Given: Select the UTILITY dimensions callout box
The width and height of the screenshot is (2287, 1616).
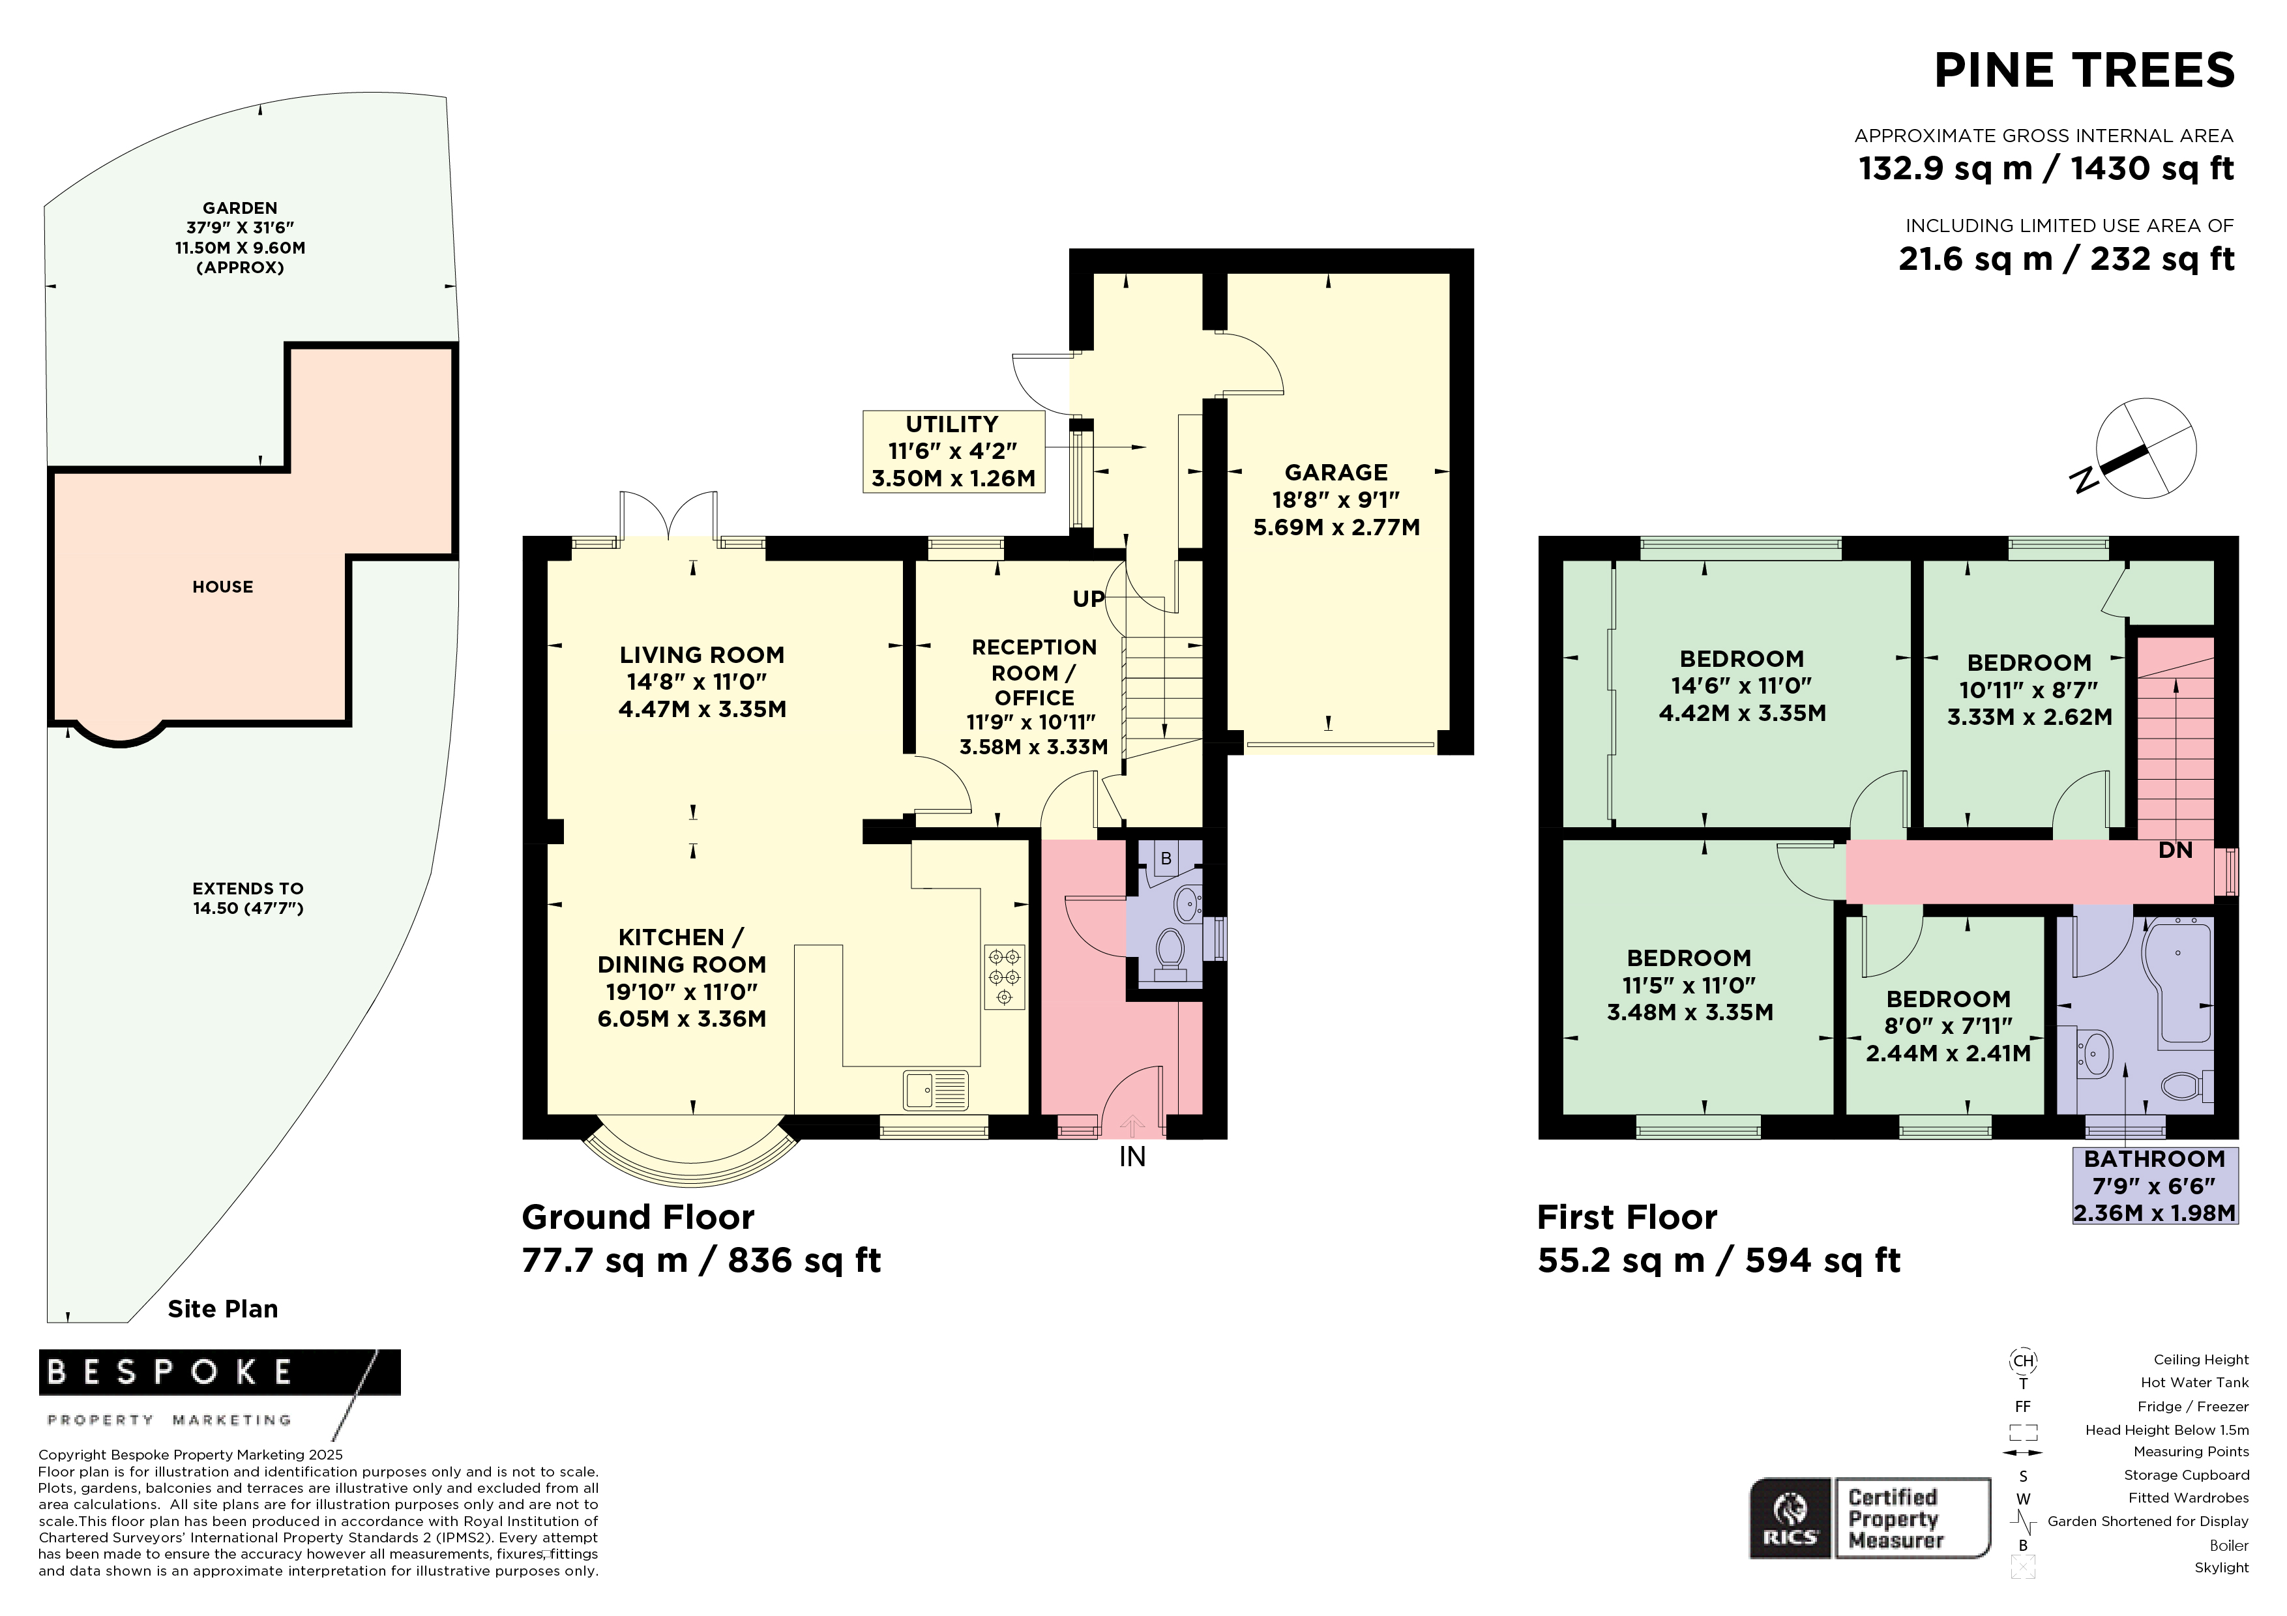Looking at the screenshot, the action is pyautogui.click(x=953, y=452).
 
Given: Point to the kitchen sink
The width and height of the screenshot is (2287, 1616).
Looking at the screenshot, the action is pyautogui.click(x=936, y=1089).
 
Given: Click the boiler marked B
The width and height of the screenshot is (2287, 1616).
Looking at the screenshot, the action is pyautogui.click(x=1166, y=859).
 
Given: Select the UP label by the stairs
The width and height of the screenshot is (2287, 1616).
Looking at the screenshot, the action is pyautogui.click(x=1089, y=598).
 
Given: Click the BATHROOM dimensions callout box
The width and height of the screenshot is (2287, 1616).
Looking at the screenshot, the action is pyautogui.click(x=2155, y=1186).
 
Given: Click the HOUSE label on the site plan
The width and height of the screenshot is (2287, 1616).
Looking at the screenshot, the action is pyautogui.click(x=223, y=587).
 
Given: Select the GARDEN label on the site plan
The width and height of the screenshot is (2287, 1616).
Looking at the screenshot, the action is pyautogui.click(x=240, y=208).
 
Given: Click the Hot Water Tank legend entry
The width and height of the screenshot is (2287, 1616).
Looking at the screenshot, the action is pyautogui.click(x=2194, y=1382).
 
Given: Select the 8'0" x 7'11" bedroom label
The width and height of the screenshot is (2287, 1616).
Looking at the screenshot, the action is pyautogui.click(x=1949, y=1025).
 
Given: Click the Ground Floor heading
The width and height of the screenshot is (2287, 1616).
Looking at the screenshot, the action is pyautogui.click(x=638, y=1217).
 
